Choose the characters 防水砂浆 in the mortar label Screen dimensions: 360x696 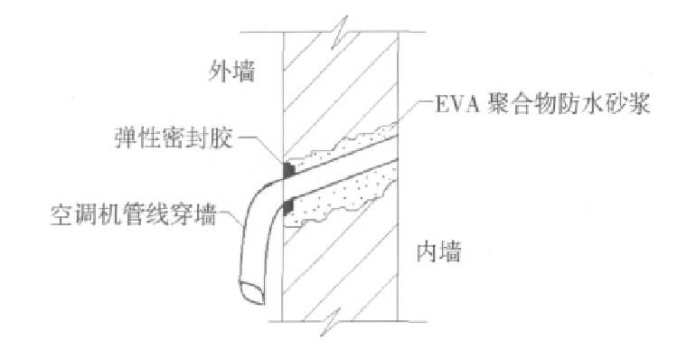(614, 109)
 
